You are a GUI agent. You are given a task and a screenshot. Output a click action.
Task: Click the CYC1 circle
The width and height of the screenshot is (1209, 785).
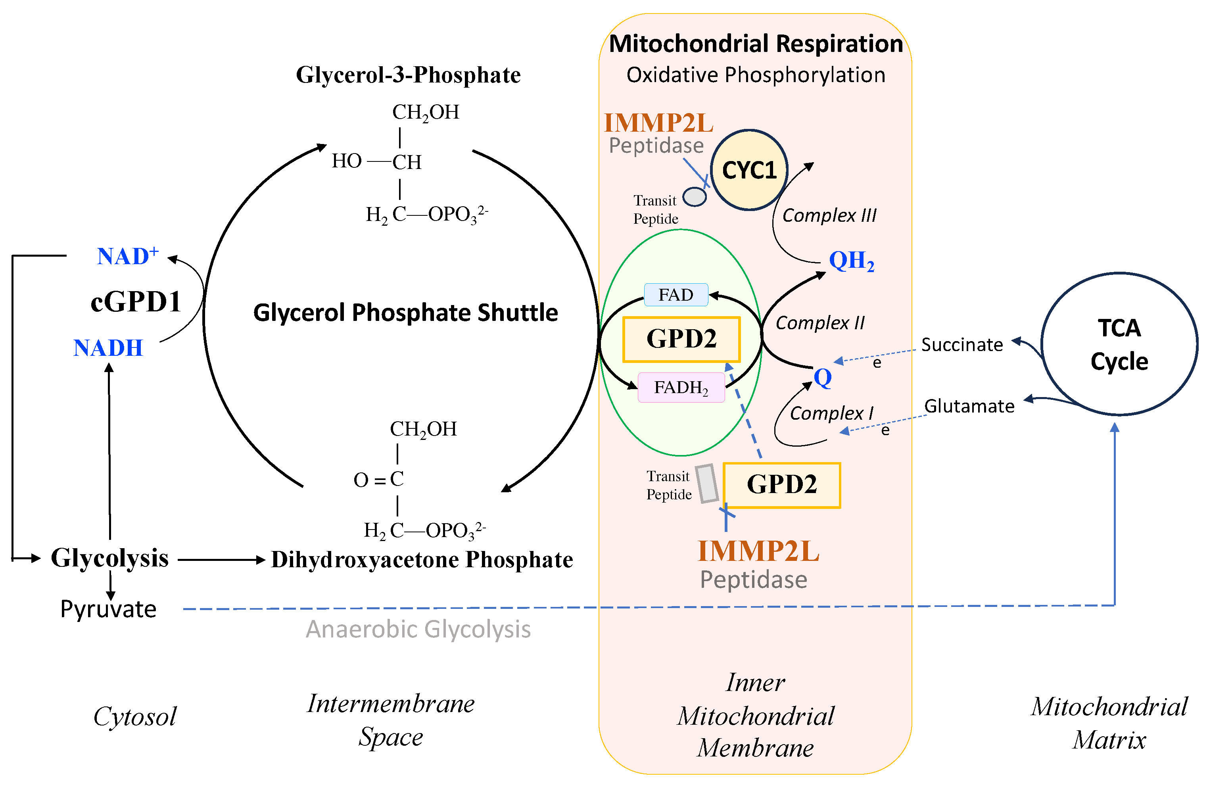(749, 170)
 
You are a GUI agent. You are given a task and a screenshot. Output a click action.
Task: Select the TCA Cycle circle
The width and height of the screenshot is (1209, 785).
(1119, 344)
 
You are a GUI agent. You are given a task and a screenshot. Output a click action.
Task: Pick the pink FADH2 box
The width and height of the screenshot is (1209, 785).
(681, 388)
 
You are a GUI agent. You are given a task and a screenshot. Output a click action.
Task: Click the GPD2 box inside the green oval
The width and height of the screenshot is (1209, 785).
(681, 339)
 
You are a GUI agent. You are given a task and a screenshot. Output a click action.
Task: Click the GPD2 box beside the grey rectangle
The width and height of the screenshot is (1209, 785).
(781, 485)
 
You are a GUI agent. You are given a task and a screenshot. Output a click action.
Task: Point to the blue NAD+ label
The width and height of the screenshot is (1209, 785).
(127, 256)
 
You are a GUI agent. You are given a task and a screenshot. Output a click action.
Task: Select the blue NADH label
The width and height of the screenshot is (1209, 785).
(108, 348)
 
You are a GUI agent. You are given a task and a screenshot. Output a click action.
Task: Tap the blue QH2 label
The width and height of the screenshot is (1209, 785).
(851, 261)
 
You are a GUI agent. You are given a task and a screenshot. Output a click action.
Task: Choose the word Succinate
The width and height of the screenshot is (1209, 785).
(961, 345)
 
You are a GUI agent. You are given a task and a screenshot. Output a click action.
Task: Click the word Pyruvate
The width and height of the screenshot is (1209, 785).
(108, 609)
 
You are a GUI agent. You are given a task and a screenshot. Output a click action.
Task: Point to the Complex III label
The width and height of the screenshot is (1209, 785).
(829, 215)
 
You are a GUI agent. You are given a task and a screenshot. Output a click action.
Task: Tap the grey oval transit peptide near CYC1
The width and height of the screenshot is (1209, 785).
(695, 197)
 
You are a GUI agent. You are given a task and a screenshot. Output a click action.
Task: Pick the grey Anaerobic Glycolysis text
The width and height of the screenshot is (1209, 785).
(418, 629)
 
